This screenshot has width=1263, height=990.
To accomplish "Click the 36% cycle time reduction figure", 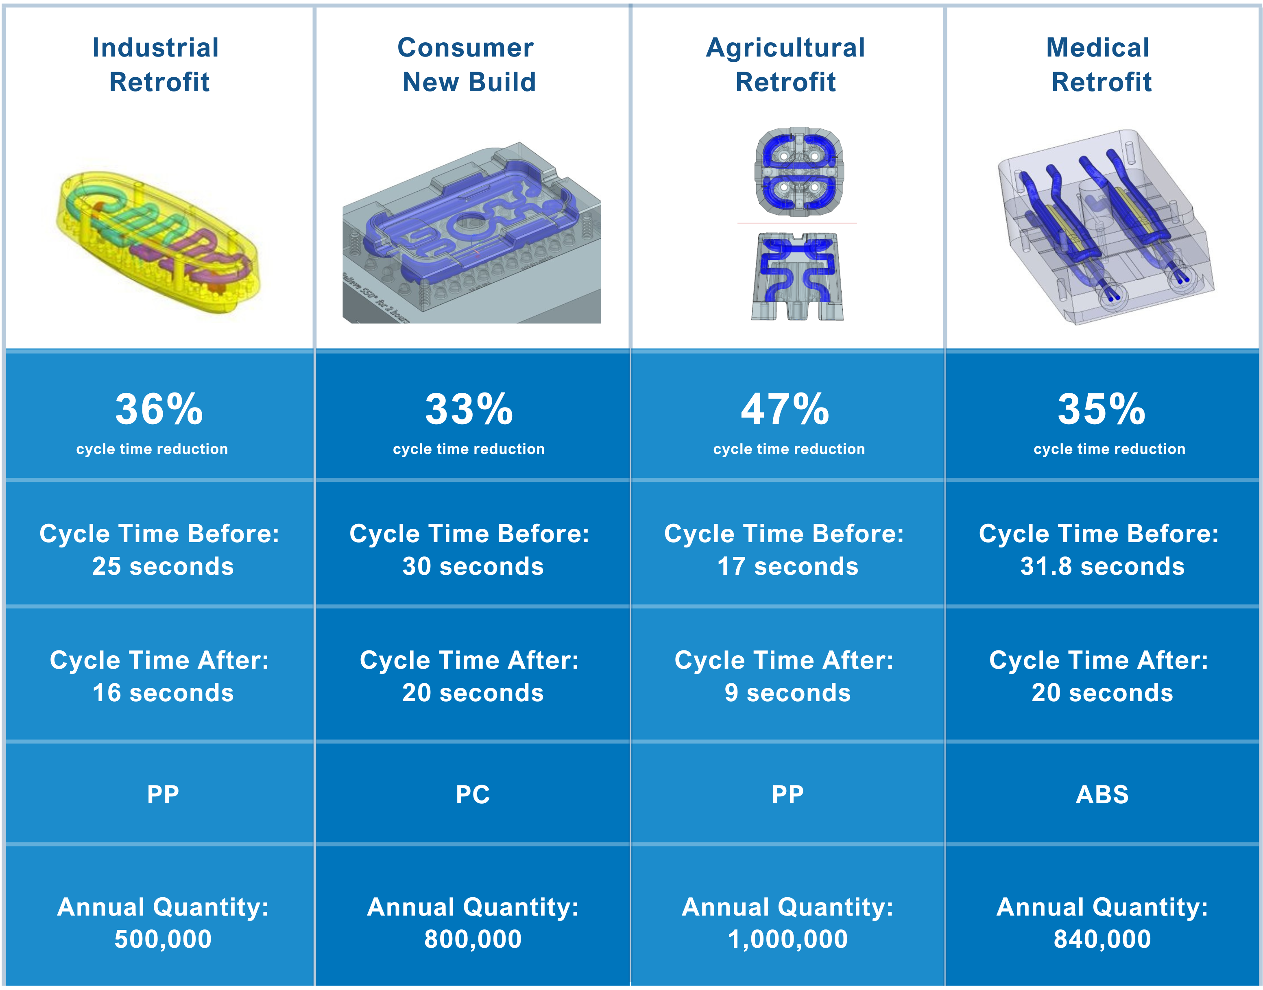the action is point(159,409).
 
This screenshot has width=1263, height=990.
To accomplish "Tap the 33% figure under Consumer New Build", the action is point(469,409).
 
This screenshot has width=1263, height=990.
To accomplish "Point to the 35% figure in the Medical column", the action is point(1101,409).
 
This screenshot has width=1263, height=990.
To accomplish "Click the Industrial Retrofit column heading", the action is point(157,64).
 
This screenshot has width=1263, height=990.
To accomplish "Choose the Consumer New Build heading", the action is point(467,64).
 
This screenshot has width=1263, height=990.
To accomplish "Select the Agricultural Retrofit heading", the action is point(785,64).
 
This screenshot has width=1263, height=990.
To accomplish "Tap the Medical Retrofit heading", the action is point(1099,64).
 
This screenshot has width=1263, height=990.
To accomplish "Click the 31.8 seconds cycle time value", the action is point(1102,566).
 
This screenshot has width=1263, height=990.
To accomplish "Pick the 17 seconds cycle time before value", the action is point(788,566).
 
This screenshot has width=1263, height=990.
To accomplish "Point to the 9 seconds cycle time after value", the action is point(788,693).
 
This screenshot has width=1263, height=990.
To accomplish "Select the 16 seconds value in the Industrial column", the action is point(163,693).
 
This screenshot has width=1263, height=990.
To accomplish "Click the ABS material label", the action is point(1102,795).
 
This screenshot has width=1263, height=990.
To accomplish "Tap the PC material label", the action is point(473,795).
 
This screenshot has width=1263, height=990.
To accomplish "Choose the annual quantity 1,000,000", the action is point(788,940).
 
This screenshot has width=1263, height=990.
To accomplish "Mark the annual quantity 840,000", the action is point(1102,940).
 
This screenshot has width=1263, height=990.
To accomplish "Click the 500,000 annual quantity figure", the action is point(163,940).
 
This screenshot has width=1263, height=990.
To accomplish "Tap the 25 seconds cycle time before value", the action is point(163,566).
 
